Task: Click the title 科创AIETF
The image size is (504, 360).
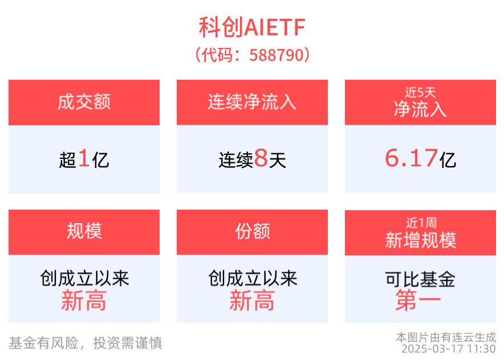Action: (252, 27)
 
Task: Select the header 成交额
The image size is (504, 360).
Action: (84, 103)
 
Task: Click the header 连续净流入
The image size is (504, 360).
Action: (252, 103)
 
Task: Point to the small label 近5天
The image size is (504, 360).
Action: (420, 92)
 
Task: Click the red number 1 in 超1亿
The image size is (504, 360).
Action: (84, 159)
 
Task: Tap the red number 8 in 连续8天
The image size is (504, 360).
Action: (261, 159)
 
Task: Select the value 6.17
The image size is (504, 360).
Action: (411, 158)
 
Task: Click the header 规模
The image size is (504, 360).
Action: (84, 231)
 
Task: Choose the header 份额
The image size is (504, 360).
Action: (252, 231)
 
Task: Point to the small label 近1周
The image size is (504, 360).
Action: (420, 223)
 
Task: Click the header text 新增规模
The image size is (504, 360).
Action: (420, 240)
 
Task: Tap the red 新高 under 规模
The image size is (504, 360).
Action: (84, 301)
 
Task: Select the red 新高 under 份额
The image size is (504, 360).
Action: (252, 301)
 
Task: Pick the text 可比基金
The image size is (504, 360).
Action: (420, 280)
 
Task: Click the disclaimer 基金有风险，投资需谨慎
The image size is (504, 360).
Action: (86, 343)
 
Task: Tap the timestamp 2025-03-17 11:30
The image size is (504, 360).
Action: (448, 349)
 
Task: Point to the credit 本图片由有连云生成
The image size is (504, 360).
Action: (446, 337)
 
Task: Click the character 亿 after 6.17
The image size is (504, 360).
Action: (448, 160)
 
